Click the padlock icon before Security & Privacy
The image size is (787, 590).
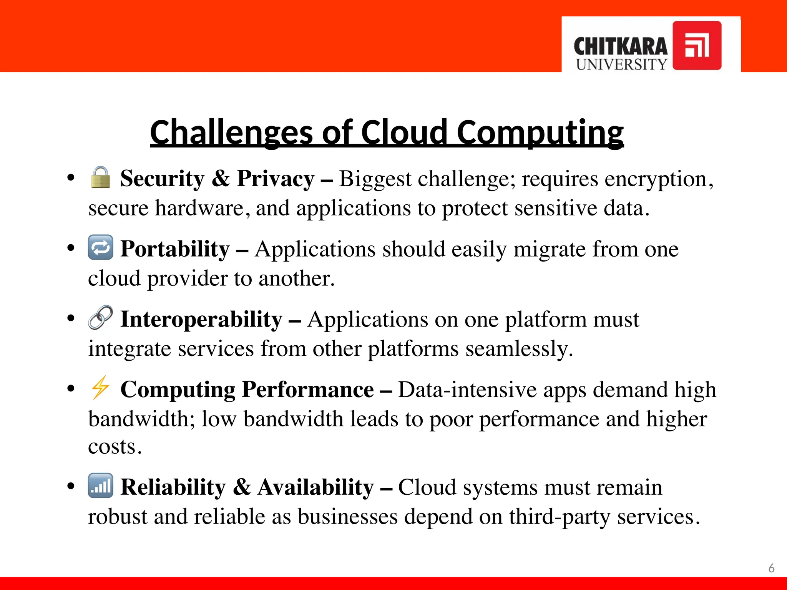pyautogui.click(x=100, y=177)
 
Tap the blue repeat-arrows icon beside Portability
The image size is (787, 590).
pyautogui.click(x=100, y=247)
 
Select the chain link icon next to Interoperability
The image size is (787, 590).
pyautogui.click(x=100, y=318)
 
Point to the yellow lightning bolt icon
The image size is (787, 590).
pyautogui.click(x=100, y=388)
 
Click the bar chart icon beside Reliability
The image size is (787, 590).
pyautogui.click(x=100, y=486)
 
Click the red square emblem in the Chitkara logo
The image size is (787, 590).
pyautogui.click(x=697, y=45)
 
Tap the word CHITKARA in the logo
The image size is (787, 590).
pyautogui.click(x=621, y=47)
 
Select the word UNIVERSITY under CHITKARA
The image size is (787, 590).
pyautogui.click(x=621, y=65)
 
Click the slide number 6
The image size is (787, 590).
pyautogui.click(x=771, y=568)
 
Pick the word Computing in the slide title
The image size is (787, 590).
pyautogui.click(x=540, y=132)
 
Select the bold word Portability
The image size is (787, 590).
pyautogui.click(x=175, y=249)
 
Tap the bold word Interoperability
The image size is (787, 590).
pyautogui.click(x=201, y=319)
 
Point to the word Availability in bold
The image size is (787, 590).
pyautogui.click(x=315, y=487)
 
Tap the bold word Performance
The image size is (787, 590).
pyautogui.click(x=308, y=389)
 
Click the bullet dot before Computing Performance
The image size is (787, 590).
pyautogui.click(x=71, y=388)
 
